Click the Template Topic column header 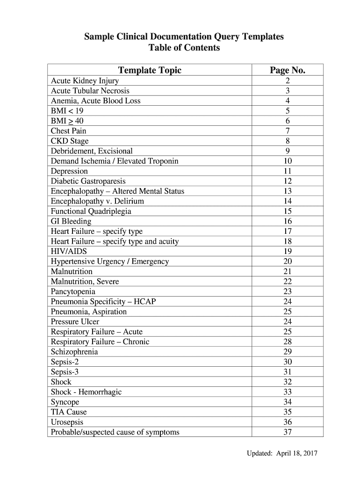150,70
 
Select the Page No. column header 288,70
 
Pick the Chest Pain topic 68,131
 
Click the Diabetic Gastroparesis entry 88,181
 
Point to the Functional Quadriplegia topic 91,211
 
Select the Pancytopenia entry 73,291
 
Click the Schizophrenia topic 74,352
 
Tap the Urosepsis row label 67,422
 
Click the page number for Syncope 288,402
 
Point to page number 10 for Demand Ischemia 288,161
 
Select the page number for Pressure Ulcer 288,321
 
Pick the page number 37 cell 288,432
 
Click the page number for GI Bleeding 288,221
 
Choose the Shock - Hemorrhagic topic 86,392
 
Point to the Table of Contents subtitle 184,48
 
